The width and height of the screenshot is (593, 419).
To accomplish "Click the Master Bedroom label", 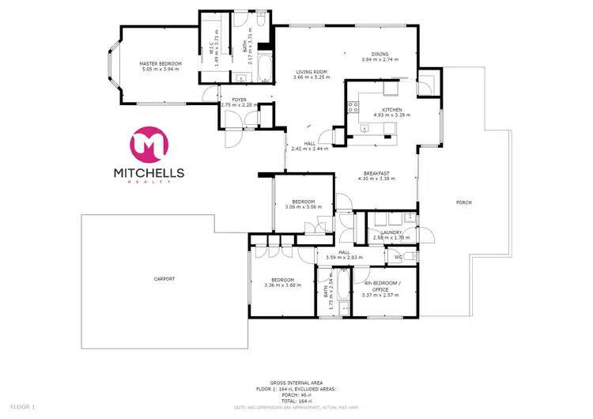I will (x=161, y=63).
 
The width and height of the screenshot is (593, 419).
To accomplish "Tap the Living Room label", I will (x=310, y=71).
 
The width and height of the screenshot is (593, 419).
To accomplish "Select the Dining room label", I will (x=376, y=54).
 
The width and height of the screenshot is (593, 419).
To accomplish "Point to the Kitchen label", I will (x=392, y=110).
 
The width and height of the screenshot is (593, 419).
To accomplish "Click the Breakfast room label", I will (x=376, y=173).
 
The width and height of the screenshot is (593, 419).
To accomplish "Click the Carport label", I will (x=164, y=279).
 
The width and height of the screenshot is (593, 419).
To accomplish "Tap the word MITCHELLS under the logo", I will (x=150, y=172).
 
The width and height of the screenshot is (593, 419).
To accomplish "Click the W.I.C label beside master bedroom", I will (x=212, y=45).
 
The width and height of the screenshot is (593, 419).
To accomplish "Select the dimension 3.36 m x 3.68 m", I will (x=283, y=285).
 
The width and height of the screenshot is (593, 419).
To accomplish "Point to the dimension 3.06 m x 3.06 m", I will (x=304, y=206).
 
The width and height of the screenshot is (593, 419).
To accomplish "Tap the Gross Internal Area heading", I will (x=296, y=381).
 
